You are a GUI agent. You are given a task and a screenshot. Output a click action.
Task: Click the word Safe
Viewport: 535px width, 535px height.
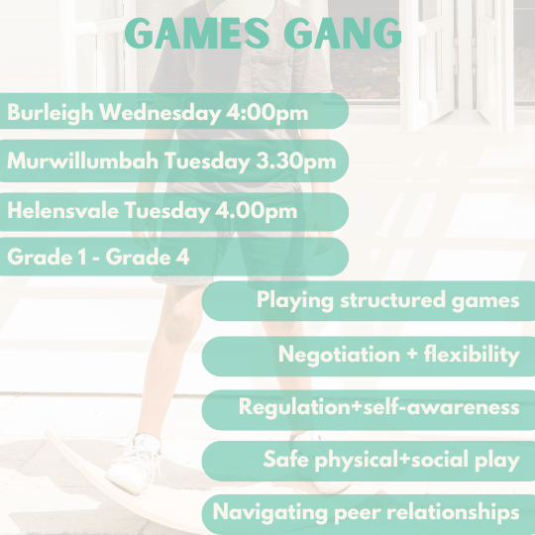(x=285, y=461)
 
